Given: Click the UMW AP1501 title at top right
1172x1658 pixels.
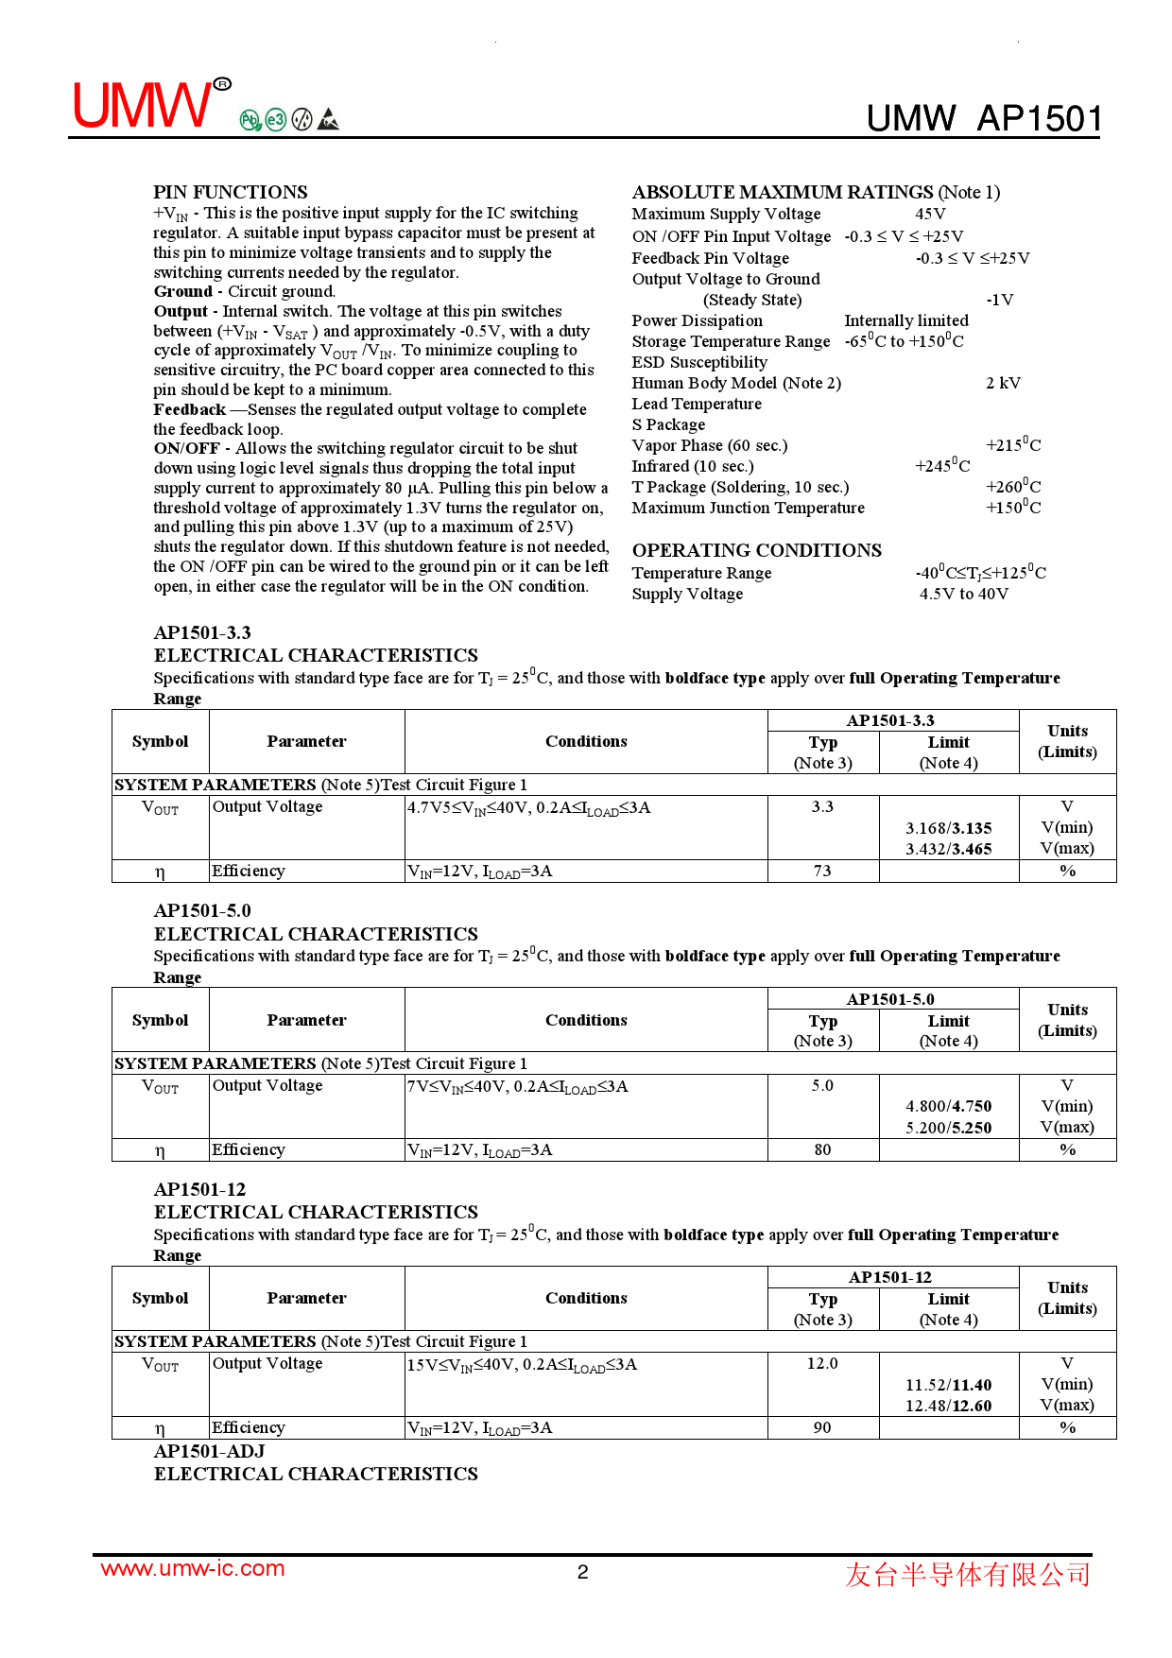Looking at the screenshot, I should pyautogui.click(x=984, y=119).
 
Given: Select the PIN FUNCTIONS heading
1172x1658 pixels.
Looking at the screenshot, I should pyautogui.click(x=230, y=192).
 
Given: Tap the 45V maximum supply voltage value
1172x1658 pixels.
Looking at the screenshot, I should pyautogui.click(x=930, y=215).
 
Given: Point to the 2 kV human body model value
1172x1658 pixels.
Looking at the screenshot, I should pyautogui.click(x=1003, y=383).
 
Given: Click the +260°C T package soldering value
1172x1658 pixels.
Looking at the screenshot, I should pyautogui.click(x=1012, y=487).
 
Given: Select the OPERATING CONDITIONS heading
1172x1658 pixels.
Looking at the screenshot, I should pyautogui.click(x=756, y=550).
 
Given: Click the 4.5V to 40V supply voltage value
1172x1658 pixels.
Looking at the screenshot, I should pyautogui.click(x=963, y=594).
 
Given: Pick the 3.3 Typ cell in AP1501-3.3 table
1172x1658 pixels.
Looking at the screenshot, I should pyautogui.click(x=822, y=807).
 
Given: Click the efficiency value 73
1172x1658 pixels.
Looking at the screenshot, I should pyautogui.click(x=822, y=871).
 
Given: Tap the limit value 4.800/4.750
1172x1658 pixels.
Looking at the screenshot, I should pyautogui.click(x=948, y=1106).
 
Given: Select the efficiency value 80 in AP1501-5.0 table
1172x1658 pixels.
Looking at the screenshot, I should pyautogui.click(x=822, y=1149).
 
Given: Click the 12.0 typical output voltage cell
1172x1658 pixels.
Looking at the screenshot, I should pyautogui.click(x=822, y=1364).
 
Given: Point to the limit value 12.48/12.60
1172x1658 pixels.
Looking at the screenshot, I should pyautogui.click(x=948, y=1406).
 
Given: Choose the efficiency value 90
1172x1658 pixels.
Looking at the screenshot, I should pyautogui.click(x=822, y=1427).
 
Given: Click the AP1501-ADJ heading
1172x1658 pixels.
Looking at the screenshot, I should pyautogui.click(x=209, y=1451).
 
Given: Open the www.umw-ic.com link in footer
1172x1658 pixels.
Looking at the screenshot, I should pyautogui.click(x=192, y=1569).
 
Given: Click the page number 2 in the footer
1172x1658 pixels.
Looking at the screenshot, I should pyautogui.click(x=583, y=1572).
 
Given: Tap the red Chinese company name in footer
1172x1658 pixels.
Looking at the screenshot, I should pyautogui.click(x=967, y=1574).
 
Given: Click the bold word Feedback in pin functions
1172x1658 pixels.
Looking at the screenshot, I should pyautogui.click(x=189, y=409).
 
